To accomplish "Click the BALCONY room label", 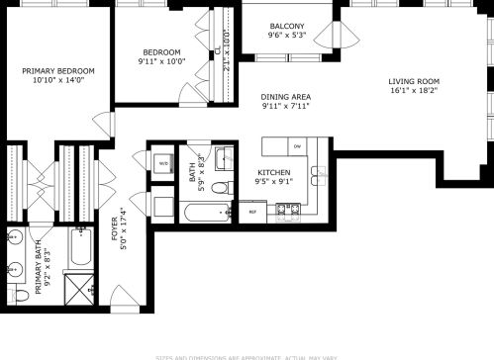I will (x=286, y=27).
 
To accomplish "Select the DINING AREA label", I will (x=286, y=96).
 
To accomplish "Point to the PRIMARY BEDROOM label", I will (x=59, y=71).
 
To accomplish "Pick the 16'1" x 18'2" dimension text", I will (x=413, y=90).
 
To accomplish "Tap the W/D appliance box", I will (x=161, y=162).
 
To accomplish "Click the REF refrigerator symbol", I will (x=251, y=212).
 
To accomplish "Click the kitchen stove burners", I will (x=288, y=210).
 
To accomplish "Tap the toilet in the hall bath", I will (x=161, y=207).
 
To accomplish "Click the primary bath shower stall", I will (x=79, y=287).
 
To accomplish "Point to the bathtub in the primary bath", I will (x=79, y=248).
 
